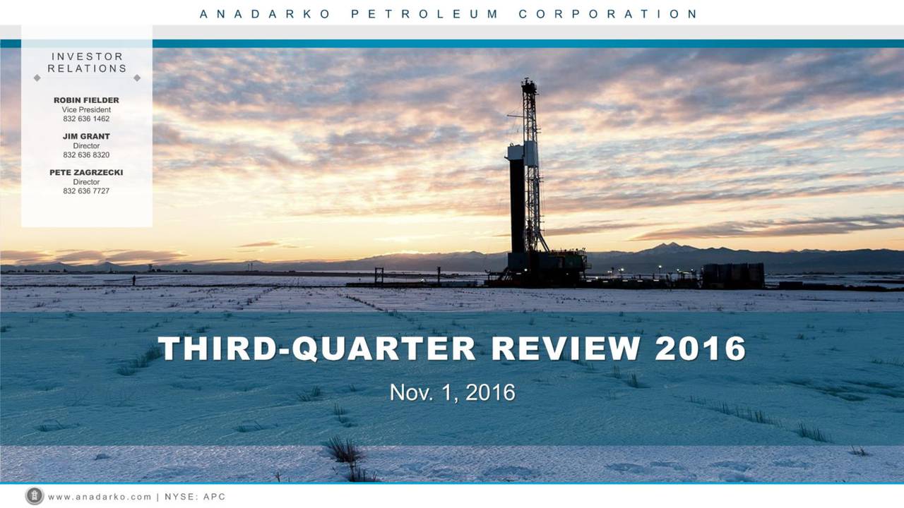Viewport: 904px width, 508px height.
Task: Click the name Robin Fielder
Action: [x=86, y=100]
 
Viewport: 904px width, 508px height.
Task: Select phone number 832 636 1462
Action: [x=86, y=119]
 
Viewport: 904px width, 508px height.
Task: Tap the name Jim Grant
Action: [x=86, y=136]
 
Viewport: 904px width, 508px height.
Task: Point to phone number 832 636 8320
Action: [x=86, y=155]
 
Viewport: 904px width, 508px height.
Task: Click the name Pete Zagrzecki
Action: [x=86, y=172]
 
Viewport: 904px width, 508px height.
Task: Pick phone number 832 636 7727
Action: [x=86, y=190]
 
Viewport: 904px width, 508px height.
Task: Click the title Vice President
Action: [x=86, y=109]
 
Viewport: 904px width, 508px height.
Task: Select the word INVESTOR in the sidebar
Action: [x=87, y=56]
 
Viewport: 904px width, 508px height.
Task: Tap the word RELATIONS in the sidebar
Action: [x=87, y=68]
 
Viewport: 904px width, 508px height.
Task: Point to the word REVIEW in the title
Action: [x=566, y=349]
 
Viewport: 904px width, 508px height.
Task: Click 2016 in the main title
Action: [x=700, y=349]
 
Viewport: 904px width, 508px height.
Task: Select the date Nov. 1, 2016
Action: [x=452, y=392]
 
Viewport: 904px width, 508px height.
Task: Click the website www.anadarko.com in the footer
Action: [x=100, y=497]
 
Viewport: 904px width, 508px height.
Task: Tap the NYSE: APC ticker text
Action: [x=195, y=497]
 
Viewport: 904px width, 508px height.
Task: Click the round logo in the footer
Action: [x=34, y=496]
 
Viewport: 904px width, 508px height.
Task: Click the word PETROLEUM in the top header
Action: [x=424, y=13]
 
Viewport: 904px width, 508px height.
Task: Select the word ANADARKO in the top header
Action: [x=265, y=13]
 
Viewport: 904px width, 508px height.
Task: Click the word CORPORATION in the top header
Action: [x=608, y=13]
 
